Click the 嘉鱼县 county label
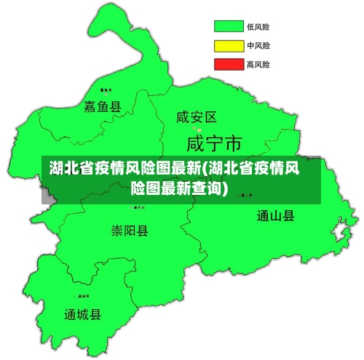pyautogui.click(x=103, y=107)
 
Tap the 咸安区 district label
pyautogui.click(x=197, y=116)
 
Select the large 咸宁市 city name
pyautogui.click(x=215, y=141)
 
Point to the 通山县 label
pyautogui.click(x=276, y=215)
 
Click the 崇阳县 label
pyautogui.click(x=130, y=231)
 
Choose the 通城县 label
pyautogui.click(x=83, y=315)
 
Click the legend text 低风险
pyautogui.click(x=258, y=27)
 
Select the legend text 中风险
pyautogui.click(x=258, y=46)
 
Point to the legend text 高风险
pyautogui.click(x=258, y=64)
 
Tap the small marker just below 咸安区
pyautogui.click(x=196, y=129)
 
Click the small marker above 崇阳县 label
pyautogui.click(x=133, y=207)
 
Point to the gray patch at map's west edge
pyautogui.click(x=47, y=196)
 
